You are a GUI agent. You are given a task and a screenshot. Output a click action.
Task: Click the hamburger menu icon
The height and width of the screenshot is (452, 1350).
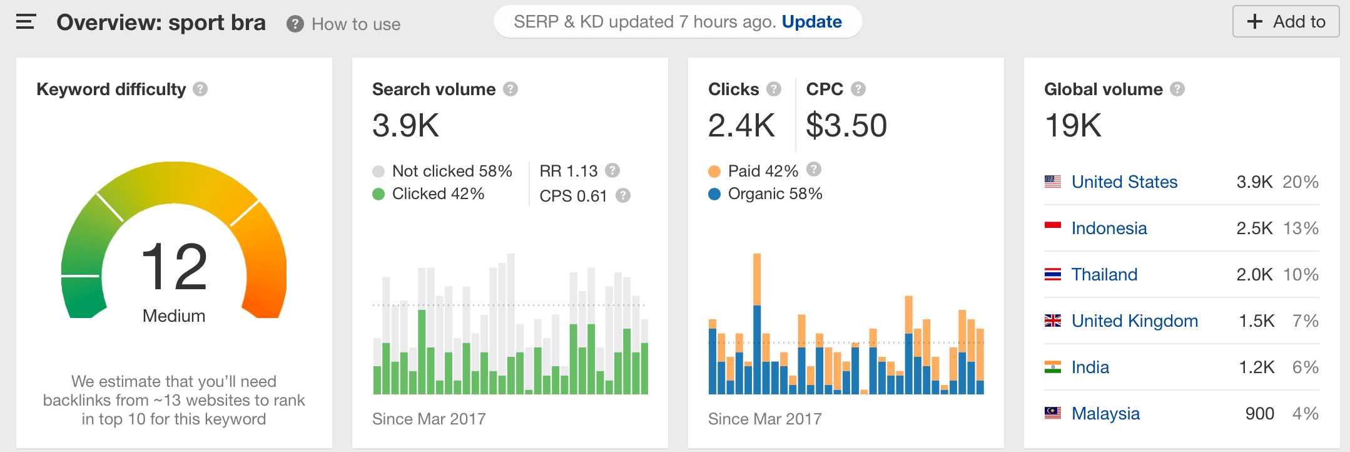pos(26,22)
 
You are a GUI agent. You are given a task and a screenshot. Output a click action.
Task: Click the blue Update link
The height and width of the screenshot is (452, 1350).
pos(811,22)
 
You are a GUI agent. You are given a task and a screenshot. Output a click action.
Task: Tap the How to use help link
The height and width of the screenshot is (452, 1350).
pos(355,24)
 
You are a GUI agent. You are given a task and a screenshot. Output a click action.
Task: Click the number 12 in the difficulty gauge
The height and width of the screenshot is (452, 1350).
pos(174,267)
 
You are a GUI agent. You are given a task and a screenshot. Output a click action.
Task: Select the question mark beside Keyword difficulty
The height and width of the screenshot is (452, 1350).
pos(200,89)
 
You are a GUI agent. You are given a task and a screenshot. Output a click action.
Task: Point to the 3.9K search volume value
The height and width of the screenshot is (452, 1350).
pos(405,125)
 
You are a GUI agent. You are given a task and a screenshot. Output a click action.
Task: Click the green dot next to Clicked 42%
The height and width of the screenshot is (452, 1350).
pos(378,194)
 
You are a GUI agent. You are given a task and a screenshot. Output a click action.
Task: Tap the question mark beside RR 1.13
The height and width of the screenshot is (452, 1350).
pos(612,170)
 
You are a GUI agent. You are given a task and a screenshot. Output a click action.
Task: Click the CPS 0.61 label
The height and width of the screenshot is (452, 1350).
pos(573,196)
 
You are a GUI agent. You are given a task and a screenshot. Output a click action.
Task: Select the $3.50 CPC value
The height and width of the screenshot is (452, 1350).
pos(846,125)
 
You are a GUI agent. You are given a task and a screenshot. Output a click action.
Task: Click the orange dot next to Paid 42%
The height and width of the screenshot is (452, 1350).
pos(714,172)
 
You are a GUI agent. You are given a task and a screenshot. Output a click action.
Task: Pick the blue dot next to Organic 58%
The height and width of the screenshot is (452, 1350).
pos(714,194)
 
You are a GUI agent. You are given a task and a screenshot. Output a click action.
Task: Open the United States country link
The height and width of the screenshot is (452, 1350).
pos(1124,182)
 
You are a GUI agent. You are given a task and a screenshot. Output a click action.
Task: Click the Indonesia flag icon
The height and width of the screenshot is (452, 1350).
pos(1053,227)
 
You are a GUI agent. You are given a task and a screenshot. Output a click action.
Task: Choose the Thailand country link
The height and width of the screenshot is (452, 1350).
pos(1104,275)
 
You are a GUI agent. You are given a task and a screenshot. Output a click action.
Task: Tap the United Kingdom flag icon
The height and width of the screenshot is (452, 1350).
pos(1053,321)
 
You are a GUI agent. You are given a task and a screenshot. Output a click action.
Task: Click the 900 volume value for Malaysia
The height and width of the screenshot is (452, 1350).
pos(1259,414)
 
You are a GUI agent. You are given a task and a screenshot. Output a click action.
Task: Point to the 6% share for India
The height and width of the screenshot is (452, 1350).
pos(1305,367)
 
